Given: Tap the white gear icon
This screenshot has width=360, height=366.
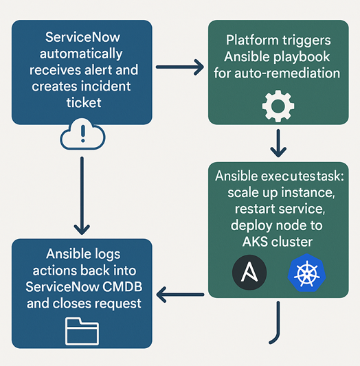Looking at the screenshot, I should [x=279, y=108].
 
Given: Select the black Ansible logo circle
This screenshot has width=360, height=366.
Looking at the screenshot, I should [x=249, y=273].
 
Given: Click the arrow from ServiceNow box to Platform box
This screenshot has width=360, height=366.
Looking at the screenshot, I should [x=180, y=67].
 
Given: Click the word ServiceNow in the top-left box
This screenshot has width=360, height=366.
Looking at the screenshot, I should [x=82, y=37].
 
